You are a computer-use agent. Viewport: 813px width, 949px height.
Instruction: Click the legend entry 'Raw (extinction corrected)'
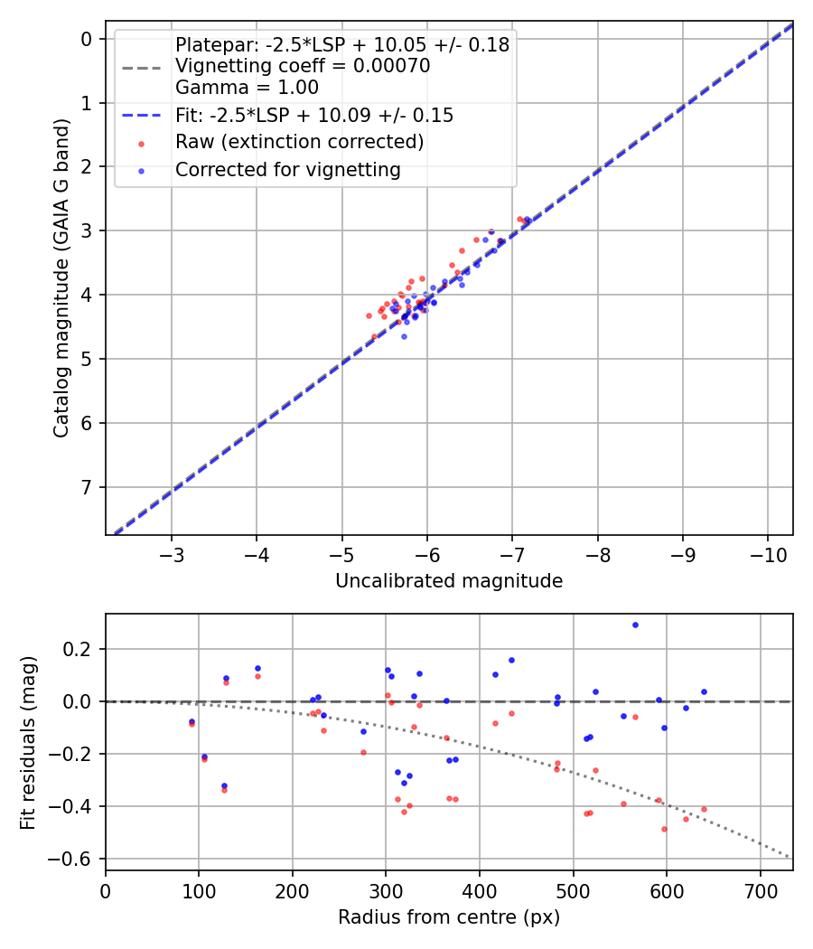pos(299,142)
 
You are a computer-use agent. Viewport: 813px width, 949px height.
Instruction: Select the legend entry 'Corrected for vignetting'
pos(287,169)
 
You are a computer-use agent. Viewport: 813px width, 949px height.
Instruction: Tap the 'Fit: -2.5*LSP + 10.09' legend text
pos(313,116)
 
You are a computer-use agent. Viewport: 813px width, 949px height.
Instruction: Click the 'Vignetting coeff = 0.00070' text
pos(303,66)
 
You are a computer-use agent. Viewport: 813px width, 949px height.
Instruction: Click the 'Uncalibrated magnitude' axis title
pos(449,581)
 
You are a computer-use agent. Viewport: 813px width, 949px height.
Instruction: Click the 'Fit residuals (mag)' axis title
pos(29,742)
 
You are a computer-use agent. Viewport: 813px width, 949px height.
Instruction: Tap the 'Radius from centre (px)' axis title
pos(449,917)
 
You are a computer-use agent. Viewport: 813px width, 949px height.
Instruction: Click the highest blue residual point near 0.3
pos(635,625)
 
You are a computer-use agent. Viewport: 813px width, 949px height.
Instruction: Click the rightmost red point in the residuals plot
pos(704,809)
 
